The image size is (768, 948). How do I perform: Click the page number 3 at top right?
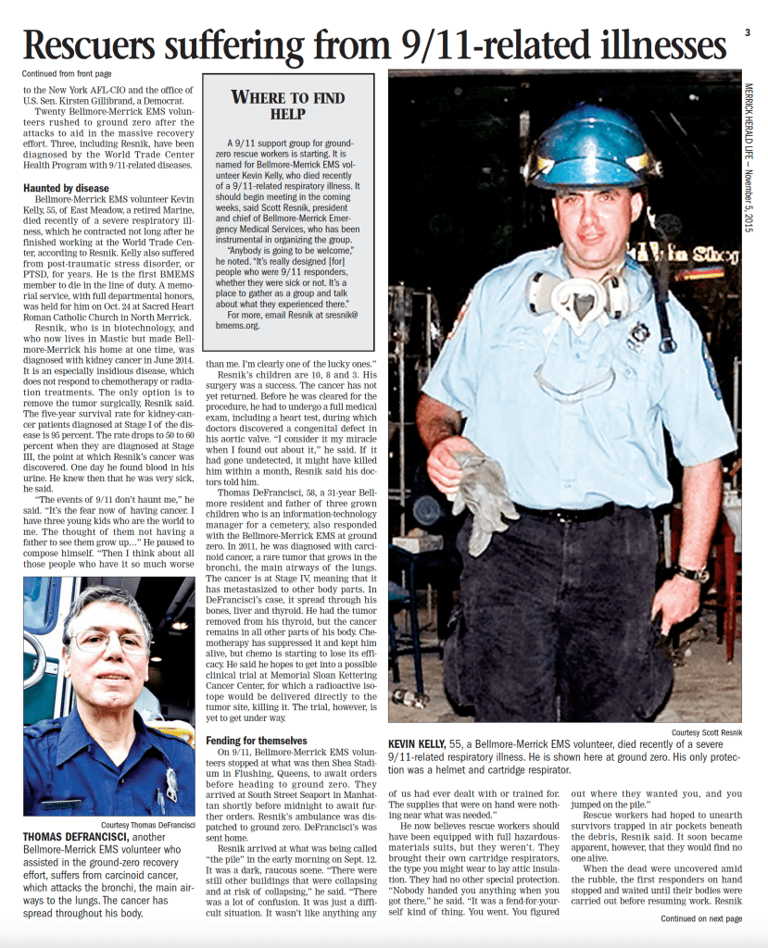(x=747, y=32)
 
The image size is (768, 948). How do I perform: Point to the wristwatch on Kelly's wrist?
(x=691, y=573)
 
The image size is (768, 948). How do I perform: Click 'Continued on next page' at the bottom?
(x=700, y=918)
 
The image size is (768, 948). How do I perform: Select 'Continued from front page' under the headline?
(x=67, y=73)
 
